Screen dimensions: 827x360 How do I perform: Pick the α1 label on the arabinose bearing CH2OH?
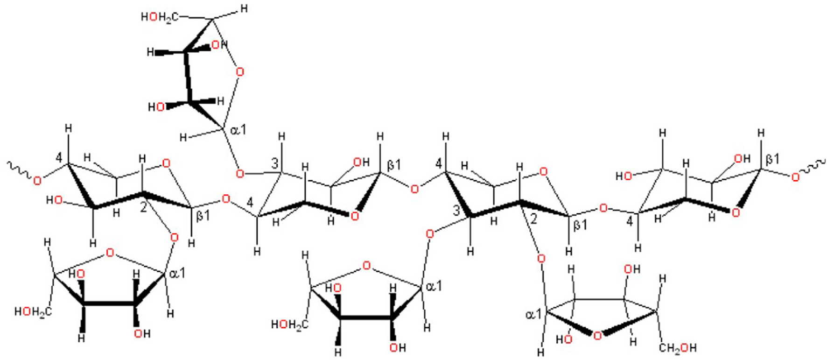pyautogui.click(x=534, y=314)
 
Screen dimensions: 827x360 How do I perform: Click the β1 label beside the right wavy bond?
pyautogui.click(x=772, y=159)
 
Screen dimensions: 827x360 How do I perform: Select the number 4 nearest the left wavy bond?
pyautogui.click(x=58, y=158)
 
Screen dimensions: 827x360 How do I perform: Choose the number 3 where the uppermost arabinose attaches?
pyautogui.click(x=275, y=163)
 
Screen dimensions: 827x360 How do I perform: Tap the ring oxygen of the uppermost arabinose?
pyautogui.click(x=240, y=71)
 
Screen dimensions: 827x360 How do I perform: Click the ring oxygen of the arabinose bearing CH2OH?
pyautogui.click(x=597, y=335)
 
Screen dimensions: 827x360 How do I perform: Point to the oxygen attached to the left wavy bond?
pyautogui.click(x=37, y=181)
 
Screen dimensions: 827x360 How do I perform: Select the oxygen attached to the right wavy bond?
pyautogui.click(x=795, y=176)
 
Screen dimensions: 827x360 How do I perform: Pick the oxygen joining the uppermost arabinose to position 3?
pyautogui.click(x=240, y=174)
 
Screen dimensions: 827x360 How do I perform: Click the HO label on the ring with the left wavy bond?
pyautogui.click(x=55, y=200)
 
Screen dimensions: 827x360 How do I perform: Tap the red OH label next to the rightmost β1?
pyautogui.click(x=742, y=159)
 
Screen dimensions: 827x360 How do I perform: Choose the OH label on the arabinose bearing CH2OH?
pyautogui.click(x=632, y=269)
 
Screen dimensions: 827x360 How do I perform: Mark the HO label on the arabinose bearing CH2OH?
pyautogui.click(x=564, y=339)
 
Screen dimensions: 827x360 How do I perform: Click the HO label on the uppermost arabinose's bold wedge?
pyautogui.click(x=157, y=107)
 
